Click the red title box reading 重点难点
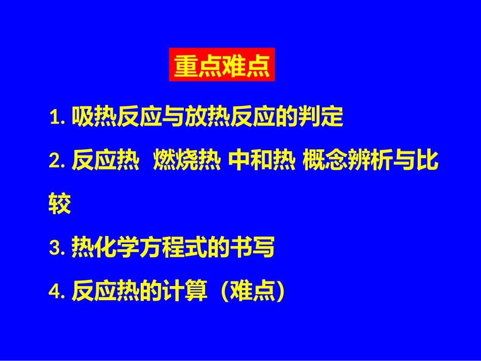point(222,65)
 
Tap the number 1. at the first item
point(58,117)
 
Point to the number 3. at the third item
point(58,248)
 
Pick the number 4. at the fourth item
point(58,292)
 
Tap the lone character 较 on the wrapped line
point(60,205)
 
